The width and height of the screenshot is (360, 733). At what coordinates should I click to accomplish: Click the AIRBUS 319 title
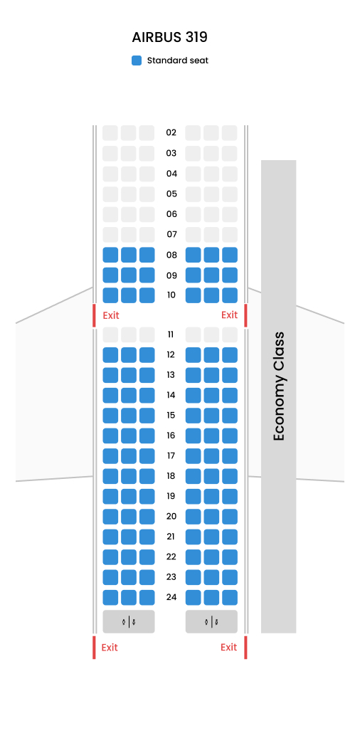click(169, 38)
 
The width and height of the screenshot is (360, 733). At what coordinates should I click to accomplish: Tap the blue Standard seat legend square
click(137, 60)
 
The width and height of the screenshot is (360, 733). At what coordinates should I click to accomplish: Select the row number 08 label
click(171, 255)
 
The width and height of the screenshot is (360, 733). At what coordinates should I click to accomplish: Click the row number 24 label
click(171, 597)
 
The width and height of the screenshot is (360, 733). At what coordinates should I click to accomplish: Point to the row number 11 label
click(171, 334)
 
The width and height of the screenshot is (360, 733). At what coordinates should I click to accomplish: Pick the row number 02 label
click(171, 133)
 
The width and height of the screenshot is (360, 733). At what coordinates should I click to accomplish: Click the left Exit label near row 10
click(111, 315)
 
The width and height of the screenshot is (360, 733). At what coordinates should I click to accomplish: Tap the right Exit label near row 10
click(229, 315)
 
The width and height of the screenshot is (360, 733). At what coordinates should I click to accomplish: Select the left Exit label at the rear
click(110, 648)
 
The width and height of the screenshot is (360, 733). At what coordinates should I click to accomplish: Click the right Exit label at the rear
click(228, 647)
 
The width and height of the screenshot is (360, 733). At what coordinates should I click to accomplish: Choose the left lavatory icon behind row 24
click(129, 622)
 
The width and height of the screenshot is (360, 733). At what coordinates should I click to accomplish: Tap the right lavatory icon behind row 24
click(211, 622)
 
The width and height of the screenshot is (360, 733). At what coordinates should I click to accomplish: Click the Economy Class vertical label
click(279, 386)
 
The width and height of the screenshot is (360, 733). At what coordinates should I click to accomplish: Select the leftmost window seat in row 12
click(110, 355)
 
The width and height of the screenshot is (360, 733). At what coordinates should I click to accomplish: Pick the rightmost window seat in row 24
click(230, 598)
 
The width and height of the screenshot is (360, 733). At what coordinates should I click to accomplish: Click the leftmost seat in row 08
click(110, 255)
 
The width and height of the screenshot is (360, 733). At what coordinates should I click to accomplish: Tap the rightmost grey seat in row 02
click(230, 133)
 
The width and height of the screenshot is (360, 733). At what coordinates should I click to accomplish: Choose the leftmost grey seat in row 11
click(110, 334)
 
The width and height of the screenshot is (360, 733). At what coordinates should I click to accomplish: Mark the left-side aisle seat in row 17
click(147, 455)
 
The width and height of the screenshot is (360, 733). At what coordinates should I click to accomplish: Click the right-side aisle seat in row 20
click(194, 517)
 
